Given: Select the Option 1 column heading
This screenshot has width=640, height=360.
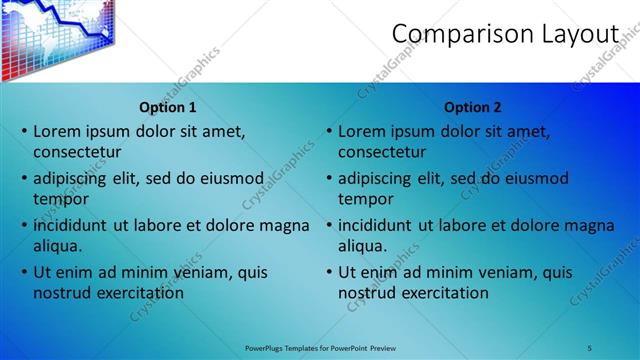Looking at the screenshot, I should pyautogui.click(x=167, y=107).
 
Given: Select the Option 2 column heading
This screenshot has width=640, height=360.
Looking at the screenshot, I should pyautogui.click(x=473, y=107).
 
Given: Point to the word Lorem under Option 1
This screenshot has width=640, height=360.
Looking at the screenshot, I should pyautogui.click(x=57, y=131).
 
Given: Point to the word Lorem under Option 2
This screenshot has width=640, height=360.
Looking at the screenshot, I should pyautogui.click(x=362, y=131).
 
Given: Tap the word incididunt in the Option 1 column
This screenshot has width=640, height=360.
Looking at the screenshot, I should pyautogui.click(x=71, y=225).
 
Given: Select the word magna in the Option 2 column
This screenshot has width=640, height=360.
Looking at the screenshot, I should pyautogui.click(x=590, y=225).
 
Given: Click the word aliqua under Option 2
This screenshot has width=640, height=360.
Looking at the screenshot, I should pyautogui.click(x=362, y=246).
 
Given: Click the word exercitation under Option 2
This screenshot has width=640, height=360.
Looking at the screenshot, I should pyautogui.click(x=443, y=293).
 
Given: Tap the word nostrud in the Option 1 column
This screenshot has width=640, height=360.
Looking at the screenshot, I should pyautogui.click(x=61, y=293).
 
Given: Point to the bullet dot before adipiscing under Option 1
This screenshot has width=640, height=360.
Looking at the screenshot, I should pyautogui.click(x=25, y=178).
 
